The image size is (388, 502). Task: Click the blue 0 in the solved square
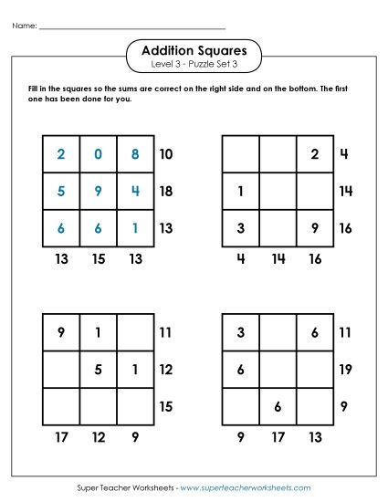pyautogui.click(x=98, y=154)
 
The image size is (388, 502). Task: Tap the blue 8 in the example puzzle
pyautogui.click(x=134, y=154)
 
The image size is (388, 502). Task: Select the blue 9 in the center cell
pyautogui.click(x=98, y=192)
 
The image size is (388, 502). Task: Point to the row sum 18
pyautogui.click(x=166, y=192)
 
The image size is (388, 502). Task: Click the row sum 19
pyautogui.click(x=345, y=370)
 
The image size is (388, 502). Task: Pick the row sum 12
pyautogui.click(x=166, y=370)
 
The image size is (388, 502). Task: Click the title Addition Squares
pyautogui.click(x=194, y=50)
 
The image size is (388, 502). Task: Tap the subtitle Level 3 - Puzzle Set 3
pyautogui.click(x=194, y=66)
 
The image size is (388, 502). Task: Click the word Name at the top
pyautogui.click(x=24, y=26)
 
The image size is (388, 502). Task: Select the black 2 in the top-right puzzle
pyautogui.click(x=314, y=154)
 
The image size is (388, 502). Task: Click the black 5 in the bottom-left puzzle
pyautogui.click(x=98, y=370)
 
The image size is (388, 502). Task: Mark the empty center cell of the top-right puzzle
pyautogui.click(x=277, y=192)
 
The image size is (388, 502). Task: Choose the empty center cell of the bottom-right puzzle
pyautogui.click(x=277, y=370)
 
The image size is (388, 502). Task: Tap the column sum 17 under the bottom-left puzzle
pyautogui.click(x=61, y=437)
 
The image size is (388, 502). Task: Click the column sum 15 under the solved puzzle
pyautogui.click(x=98, y=259)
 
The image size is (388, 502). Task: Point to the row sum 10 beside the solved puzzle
pyautogui.click(x=166, y=154)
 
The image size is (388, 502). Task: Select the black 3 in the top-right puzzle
pyautogui.click(x=240, y=228)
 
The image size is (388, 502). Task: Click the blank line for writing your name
pyautogui.click(x=132, y=27)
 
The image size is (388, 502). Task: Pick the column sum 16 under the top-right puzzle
pyautogui.click(x=314, y=259)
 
